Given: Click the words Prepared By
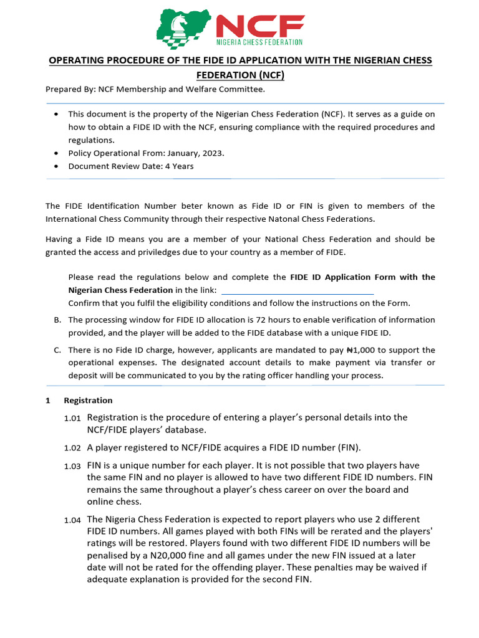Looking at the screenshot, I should pyautogui.click(x=70, y=89).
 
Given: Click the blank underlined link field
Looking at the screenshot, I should pyautogui.click(x=298, y=290).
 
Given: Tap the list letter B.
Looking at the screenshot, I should pyautogui.click(x=57, y=320).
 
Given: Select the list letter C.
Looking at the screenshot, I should pyautogui.click(x=57, y=350).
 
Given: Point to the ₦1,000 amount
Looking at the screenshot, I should pyautogui.click(x=357, y=350).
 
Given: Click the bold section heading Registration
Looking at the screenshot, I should pyautogui.click(x=88, y=401).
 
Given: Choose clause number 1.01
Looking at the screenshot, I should pyautogui.click(x=72, y=419).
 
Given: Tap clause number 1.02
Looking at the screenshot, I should pyautogui.click(x=72, y=449).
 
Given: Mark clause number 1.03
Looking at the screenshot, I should pyautogui.click(x=72, y=467).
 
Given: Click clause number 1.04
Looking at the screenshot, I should pyautogui.click(x=72, y=520).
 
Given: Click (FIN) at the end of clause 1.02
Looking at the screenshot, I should pyautogui.click(x=347, y=448).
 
